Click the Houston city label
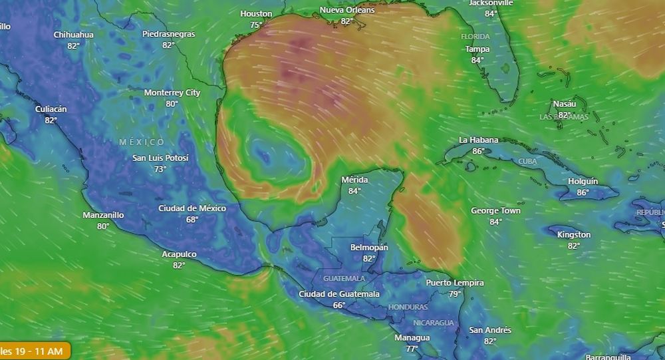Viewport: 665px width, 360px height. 256,13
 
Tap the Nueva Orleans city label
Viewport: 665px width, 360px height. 346,10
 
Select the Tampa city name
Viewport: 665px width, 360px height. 477,49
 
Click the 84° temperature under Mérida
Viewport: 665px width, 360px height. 354,191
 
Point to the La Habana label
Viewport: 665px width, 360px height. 478,140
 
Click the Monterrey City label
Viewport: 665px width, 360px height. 172,92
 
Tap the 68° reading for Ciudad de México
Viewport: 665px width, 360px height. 192,220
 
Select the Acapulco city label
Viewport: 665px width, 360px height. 179,254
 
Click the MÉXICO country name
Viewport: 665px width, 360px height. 142,142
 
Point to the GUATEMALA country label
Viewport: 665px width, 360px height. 344,278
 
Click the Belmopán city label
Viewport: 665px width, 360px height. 369,248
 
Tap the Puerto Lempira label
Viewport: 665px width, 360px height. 455,283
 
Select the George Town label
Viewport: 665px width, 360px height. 495,211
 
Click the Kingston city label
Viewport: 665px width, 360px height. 573,234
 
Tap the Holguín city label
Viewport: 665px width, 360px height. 583,181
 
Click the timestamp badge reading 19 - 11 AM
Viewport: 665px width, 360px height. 33,351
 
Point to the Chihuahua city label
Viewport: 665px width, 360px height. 73,35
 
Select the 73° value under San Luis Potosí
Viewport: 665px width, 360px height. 160,169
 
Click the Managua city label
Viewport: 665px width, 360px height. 412,337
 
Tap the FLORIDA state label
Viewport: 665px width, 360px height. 475,37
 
